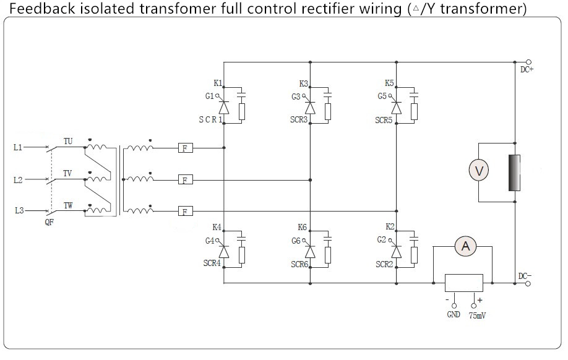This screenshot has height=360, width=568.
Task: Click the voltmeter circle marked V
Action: [478, 170]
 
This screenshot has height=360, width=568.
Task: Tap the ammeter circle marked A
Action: [465, 246]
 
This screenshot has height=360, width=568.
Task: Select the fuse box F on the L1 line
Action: [185, 148]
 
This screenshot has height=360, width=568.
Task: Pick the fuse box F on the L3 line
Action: [185, 211]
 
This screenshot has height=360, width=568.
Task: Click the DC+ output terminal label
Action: [527, 69]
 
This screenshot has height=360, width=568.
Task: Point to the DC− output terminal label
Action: [525, 276]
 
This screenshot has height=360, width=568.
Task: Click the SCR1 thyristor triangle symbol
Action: [224, 108]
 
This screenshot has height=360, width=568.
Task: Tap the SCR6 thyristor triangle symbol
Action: [310, 251]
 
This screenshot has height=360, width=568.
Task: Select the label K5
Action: [389, 84]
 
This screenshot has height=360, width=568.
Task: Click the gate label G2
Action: [381, 240]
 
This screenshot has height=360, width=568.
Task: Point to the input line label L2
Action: [18, 180]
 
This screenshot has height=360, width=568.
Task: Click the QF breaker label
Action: [49, 222]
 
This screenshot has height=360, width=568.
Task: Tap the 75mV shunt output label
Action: [477, 315]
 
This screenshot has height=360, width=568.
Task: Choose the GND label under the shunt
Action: [454, 314]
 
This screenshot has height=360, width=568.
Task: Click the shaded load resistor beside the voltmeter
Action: [514, 173]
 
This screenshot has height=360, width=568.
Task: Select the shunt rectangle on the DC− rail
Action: [463, 283]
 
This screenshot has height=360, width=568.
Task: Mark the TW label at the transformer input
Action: [68, 206]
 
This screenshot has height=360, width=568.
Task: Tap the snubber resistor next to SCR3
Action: [328, 111]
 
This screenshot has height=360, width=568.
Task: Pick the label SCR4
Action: [212, 264]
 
